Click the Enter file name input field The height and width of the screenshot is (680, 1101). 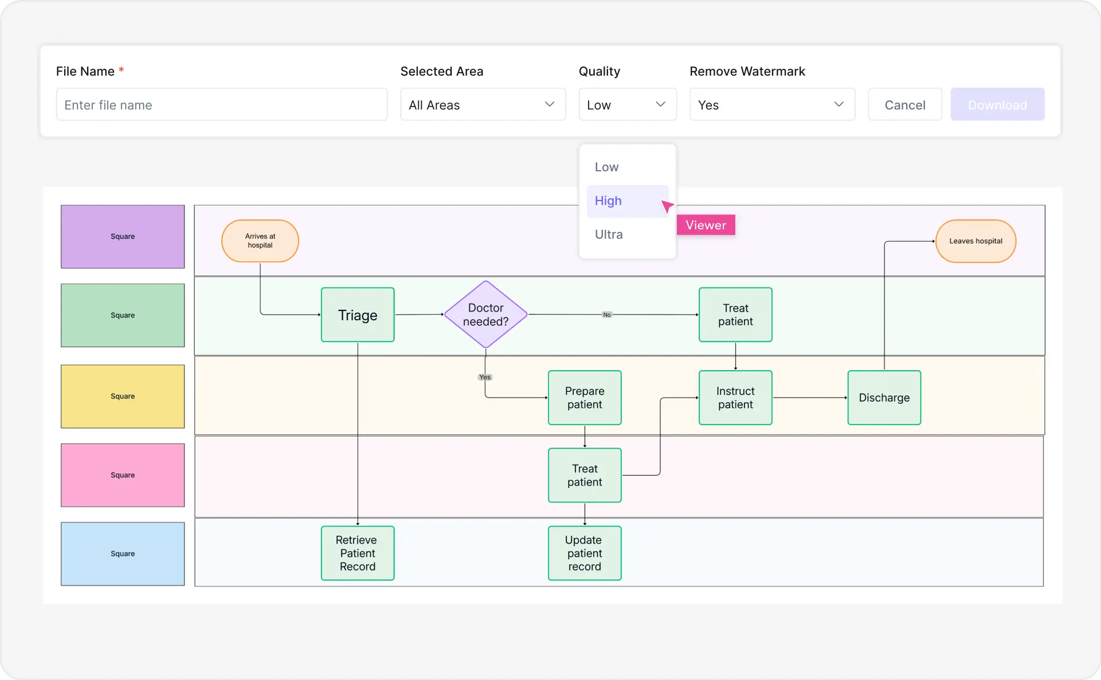click(x=221, y=105)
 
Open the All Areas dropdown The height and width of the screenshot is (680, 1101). click(x=483, y=105)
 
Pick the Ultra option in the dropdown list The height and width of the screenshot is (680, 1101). click(x=609, y=234)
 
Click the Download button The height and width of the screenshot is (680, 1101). click(x=997, y=105)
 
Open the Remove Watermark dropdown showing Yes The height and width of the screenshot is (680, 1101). click(x=771, y=105)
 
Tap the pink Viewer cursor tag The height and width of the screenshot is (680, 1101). click(x=706, y=225)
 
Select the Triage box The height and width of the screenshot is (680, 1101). click(x=358, y=315)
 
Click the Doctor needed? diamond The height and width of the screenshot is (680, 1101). click(x=485, y=315)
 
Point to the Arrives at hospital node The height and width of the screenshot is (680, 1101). click(x=260, y=241)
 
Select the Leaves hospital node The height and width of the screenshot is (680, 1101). click(x=975, y=241)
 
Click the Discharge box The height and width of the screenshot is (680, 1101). click(x=884, y=398)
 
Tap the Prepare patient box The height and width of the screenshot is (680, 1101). click(x=584, y=398)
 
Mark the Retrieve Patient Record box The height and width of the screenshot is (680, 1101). click(x=357, y=553)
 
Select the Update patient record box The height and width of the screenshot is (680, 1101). click(x=584, y=553)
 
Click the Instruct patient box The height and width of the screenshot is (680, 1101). click(x=735, y=398)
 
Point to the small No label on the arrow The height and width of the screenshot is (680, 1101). click(x=606, y=315)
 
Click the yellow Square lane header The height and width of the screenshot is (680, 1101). click(x=123, y=396)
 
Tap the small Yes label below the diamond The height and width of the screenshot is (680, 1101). click(x=485, y=377)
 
